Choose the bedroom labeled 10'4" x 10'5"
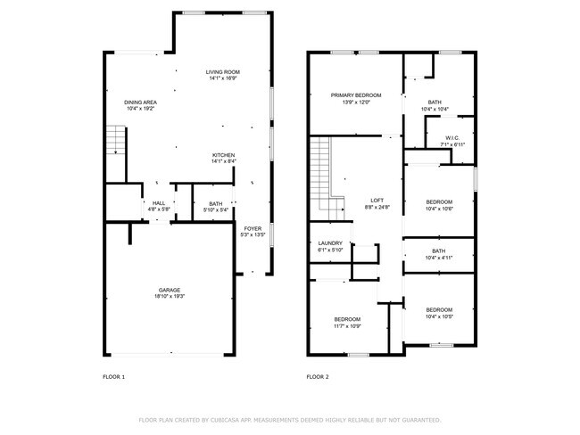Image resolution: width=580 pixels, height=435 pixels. (438, 313)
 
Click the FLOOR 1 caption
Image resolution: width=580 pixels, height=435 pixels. (113, 377)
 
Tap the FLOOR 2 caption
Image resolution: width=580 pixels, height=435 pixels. (318, 377)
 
